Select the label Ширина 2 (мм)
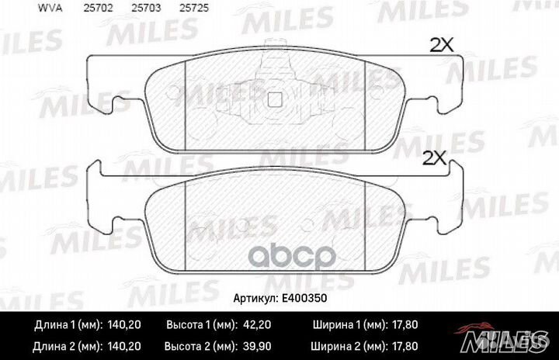(349, 345)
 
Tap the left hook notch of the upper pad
(120, 101)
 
